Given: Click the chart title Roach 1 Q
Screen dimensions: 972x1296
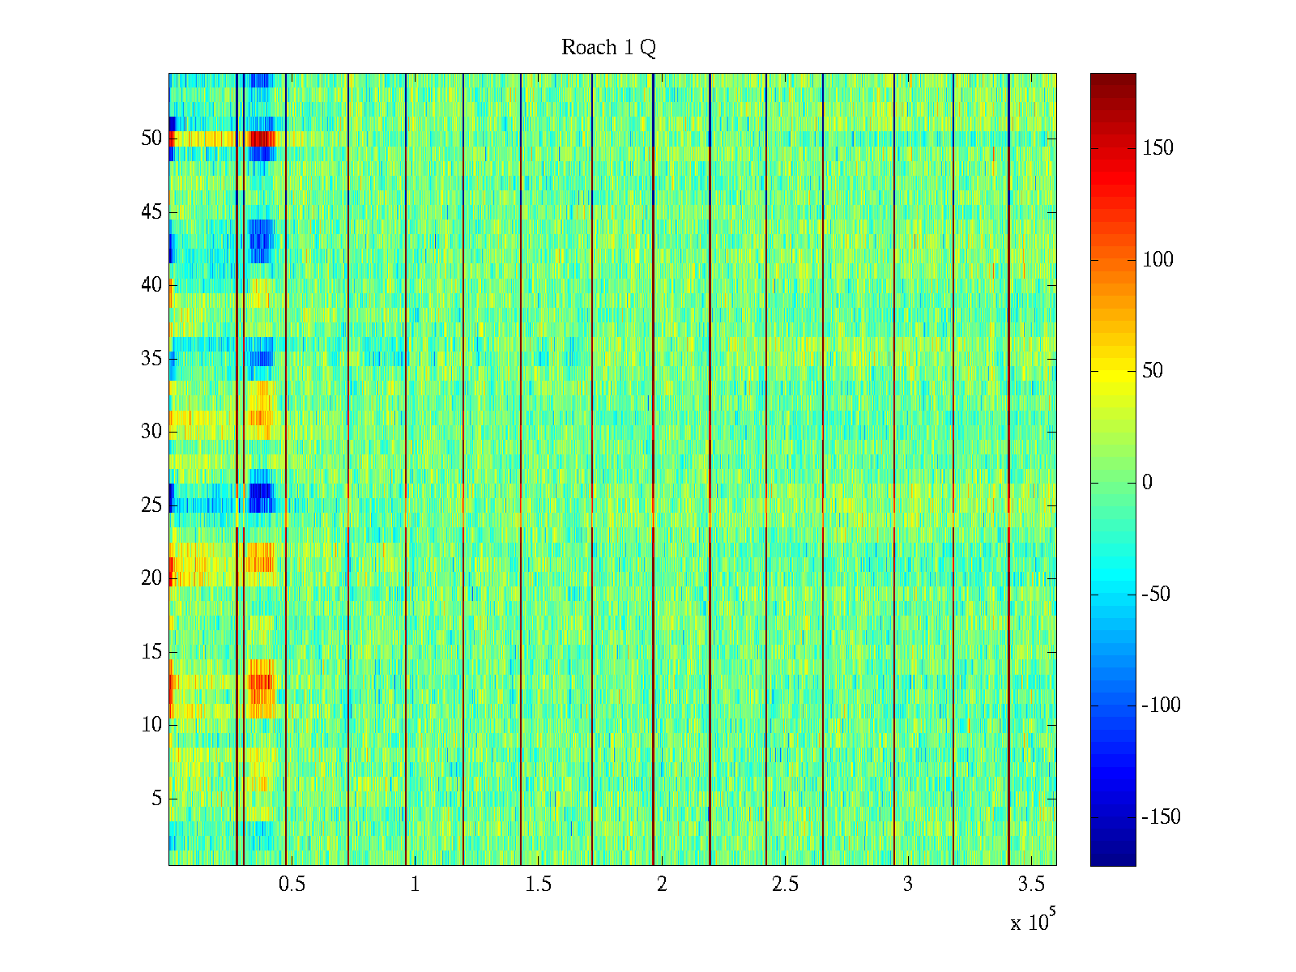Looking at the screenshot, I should click(x=608, y=48).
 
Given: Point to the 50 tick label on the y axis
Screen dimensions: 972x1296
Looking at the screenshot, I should click(x=151, y=139).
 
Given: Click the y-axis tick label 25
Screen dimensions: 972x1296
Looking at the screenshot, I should click(x=151, y=505).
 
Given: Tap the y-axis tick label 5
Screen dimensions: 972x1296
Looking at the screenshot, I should click(x=156, y=799).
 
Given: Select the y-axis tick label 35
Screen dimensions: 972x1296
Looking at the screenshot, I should click(x=151, y=359).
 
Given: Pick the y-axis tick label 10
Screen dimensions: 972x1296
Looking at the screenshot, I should click(x=151, y=725).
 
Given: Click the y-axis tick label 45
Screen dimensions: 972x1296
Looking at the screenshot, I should click(x=151, y=212).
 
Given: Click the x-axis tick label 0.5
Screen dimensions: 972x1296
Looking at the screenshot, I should click(x=292, y=885).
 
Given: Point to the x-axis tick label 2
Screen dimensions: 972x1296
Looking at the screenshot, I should click(x=662, y=885).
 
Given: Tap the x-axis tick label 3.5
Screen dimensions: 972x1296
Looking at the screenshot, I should click(x=1031, y=885).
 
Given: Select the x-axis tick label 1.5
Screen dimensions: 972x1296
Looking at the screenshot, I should click(x=539, y=885).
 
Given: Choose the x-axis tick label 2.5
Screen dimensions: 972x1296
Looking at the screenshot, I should click(x=785, y=885).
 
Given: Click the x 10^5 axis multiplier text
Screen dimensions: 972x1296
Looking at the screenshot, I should click(x=1032, y=922).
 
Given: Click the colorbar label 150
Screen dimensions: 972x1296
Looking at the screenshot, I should click(x=1157, y=148).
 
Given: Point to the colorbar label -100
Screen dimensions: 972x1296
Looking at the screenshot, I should click(x=1161, y=706).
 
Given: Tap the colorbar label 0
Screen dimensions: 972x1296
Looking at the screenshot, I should click(x=1147, y=483).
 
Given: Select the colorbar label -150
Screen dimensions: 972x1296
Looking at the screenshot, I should click(x=1161, y=817).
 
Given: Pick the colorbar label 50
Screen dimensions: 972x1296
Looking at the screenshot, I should click(x=1153, y=371).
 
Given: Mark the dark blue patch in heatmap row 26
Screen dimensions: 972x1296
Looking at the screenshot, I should click(x=261, y=491).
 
